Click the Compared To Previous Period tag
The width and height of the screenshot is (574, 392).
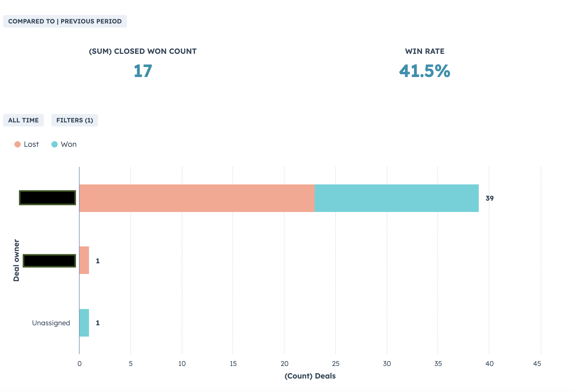pos(65,21)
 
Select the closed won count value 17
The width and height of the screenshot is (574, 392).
pos(143,71)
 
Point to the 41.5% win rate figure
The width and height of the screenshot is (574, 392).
pos(425,71)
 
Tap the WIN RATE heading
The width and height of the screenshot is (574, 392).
pos(425,51)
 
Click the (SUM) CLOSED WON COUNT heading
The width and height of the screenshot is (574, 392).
pos(143,51)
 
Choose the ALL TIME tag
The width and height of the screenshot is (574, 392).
pos(23,120)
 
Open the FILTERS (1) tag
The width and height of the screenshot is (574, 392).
pos(75,120)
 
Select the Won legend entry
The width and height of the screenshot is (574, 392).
pos(64,144)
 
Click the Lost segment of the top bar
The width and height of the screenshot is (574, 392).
pos(197,198)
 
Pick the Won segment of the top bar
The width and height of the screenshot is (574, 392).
pos(396,198)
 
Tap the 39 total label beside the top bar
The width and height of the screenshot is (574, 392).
pos(489,199)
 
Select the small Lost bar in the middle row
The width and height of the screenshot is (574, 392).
pos(84,260)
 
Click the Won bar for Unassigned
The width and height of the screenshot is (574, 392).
pos(84,323)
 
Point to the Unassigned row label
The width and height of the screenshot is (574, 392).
pos(51,323)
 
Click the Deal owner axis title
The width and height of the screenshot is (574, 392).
pos(16,260)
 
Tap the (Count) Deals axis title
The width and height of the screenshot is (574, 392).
pos(310,376)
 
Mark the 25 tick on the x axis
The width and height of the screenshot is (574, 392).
pos(336,364)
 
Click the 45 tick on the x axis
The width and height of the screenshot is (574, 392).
pos(537,364)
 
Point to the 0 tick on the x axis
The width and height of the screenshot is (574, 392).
pos(80,364)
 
